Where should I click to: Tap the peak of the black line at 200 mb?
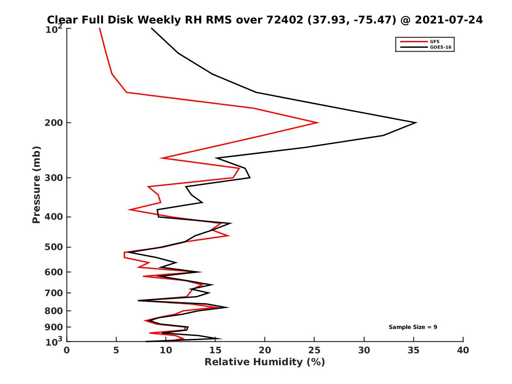[x=416, y=123]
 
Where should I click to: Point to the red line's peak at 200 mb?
[x=318, y=123]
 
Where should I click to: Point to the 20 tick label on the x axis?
[x=265, y=351]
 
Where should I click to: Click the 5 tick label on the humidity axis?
[x=116, y=351]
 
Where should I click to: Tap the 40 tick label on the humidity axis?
[x=463, y=351]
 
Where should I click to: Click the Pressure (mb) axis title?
[x=36, y=184]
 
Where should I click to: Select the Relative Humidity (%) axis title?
[x=265, y=362]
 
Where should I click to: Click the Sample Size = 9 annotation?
[x=413, y=327]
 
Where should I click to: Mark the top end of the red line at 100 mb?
[x=99, y=28]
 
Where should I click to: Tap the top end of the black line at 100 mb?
[x=151, y=28]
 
